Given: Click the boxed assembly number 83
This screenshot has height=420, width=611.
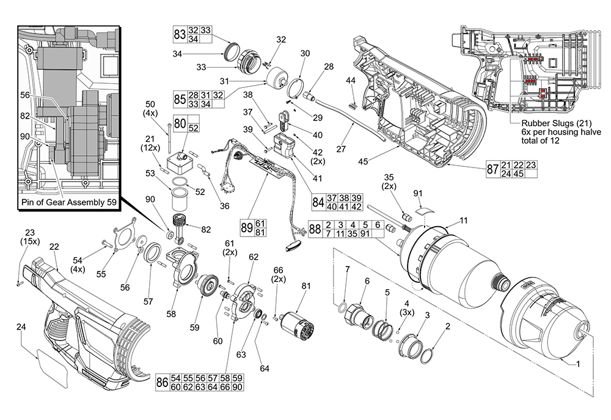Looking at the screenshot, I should tap(179, 34).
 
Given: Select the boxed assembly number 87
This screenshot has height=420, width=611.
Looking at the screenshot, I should tap(492, 170).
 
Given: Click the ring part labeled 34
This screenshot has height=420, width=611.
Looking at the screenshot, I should tap(231, 50).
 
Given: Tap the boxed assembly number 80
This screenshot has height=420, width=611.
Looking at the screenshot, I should tap(180, 124).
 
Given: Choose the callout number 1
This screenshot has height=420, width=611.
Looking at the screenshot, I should tap(578, 363).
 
